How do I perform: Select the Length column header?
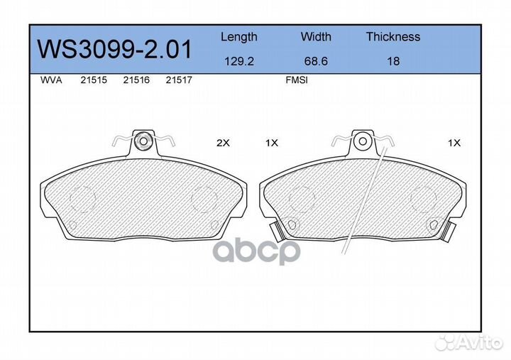[x=239, y=37]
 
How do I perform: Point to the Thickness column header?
[x=392, y=37]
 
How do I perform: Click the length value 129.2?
[x=239, y=61]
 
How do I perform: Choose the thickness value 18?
[x=392, y=61]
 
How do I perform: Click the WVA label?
[x=51, y=80]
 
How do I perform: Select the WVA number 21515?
[x=93, y=80]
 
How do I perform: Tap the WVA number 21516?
[x=136, y=80]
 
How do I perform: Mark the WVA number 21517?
[x=178, y=80]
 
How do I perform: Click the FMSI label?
[x=296, y=80]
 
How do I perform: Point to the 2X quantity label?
[x=223, y=143]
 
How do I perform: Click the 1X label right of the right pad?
[x=454, y=143]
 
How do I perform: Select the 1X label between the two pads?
[x=271, y=143]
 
